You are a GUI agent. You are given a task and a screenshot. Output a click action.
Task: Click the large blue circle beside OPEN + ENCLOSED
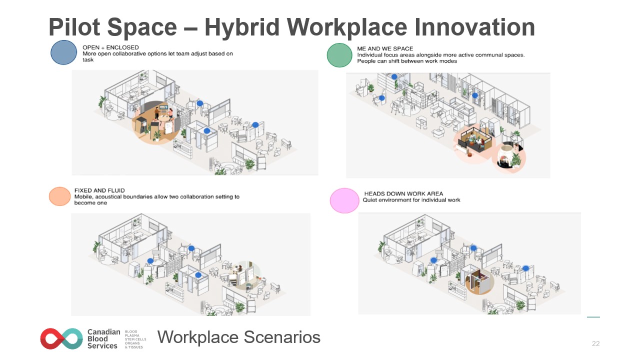63,52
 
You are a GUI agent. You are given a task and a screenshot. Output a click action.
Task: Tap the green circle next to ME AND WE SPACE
339,55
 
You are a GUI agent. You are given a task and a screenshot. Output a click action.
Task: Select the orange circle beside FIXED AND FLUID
59,196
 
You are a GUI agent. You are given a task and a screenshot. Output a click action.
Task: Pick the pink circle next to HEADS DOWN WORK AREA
344,200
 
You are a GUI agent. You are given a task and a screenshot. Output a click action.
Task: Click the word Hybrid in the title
242,27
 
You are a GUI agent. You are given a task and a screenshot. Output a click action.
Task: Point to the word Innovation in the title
474,27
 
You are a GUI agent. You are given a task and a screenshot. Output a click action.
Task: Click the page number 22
595,343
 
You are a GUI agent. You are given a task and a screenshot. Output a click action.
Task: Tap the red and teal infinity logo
61,338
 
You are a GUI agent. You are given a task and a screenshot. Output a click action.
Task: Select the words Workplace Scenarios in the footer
239,337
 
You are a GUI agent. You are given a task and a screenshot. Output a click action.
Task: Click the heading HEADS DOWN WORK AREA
403,193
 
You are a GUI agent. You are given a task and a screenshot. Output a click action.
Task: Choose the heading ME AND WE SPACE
385,48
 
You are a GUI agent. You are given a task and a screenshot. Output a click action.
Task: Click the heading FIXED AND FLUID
99,190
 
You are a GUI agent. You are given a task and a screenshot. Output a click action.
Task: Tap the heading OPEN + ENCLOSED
110,47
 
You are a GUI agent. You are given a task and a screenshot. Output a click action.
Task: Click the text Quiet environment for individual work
411,200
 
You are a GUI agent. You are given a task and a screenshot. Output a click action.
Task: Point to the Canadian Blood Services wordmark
103,339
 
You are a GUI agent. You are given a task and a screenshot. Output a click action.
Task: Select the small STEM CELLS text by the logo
135,339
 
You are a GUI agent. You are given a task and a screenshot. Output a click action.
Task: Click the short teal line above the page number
593,317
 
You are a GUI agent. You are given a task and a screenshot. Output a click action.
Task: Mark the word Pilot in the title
74,27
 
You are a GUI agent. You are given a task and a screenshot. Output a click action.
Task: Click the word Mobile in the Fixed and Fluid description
83,197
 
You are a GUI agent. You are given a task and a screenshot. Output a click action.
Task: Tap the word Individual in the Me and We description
369,55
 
